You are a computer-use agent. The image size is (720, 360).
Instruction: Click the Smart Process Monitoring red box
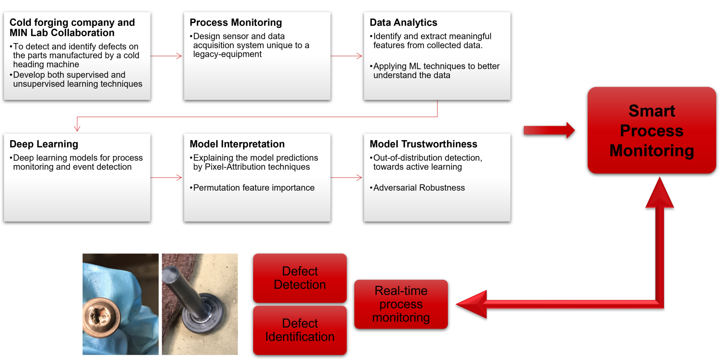[x=651, y=130]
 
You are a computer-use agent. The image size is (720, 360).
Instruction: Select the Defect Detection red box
[x=300, y=278]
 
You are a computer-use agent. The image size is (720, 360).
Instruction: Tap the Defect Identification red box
[x=300, y=330]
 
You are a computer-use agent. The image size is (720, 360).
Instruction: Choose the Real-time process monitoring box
[x=401, y=304]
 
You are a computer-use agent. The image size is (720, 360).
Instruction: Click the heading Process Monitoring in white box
[x=236, y=22]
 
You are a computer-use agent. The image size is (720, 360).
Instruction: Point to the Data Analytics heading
[x=403, y=22]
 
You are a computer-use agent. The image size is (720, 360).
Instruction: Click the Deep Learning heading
[x=44, y=144]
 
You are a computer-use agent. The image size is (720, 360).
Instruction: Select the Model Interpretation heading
[x=237, y=144]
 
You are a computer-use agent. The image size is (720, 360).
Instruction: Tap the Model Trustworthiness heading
[x=423, y=144]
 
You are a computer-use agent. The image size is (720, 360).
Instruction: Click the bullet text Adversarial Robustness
[x=419, y=188]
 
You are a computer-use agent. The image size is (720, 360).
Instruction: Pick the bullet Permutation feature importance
[x=253, y=188]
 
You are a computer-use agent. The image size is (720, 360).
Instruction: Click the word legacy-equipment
[x=227, y=54]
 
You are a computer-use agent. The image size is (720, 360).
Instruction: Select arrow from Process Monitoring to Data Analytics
[x=347, y=56]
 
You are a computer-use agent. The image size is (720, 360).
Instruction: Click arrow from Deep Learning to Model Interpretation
[x=167, y=178]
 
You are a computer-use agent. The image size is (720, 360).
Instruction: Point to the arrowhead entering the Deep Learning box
[x=77, y=128]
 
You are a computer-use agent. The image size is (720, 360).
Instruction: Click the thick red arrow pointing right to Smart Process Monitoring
[x=548, y=130]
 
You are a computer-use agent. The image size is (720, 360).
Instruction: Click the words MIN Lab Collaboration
[x=62, y=33]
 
